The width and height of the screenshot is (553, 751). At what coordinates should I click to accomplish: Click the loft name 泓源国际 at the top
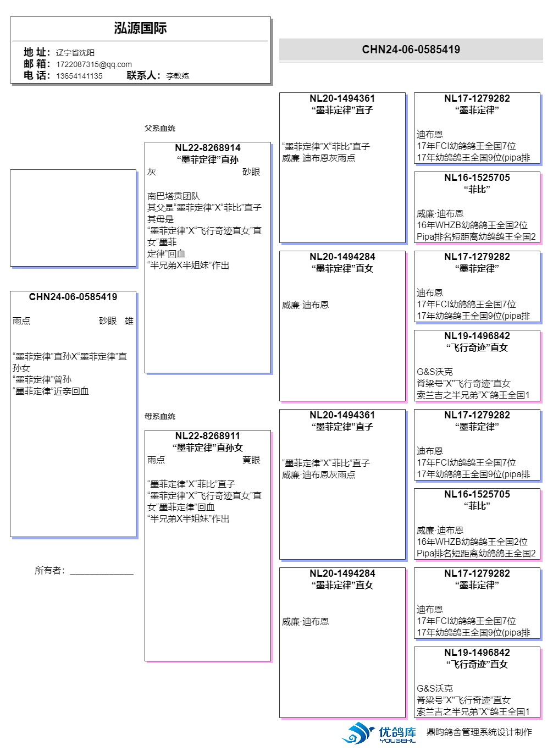(x=140, y=29)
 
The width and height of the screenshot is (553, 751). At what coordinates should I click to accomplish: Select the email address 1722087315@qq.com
(x=93, y=64)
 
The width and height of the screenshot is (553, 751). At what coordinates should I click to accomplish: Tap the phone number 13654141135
(x=79, y=76)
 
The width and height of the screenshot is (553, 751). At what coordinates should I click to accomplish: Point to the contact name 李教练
(x=178, y=76)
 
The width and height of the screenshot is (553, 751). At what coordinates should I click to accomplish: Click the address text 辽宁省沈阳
(x=75, y=53)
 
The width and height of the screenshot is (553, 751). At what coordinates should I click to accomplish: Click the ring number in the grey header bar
(x=411, y=49)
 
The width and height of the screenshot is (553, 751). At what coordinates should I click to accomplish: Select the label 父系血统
(x=160, y=128)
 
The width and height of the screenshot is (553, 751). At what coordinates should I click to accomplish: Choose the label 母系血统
(x=160, y=416)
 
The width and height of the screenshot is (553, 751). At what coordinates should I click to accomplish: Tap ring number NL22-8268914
(x=208, y=148)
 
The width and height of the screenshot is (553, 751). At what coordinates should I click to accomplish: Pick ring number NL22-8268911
(x=208, y=436)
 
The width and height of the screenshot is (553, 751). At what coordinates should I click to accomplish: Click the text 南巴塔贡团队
(x=173, y=196)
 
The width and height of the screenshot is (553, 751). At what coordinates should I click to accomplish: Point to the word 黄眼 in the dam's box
(x=251, y=460)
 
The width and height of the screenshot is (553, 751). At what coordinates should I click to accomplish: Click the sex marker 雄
(x=129, y=321)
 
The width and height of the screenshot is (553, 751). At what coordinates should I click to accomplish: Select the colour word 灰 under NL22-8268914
(x=152, y=172)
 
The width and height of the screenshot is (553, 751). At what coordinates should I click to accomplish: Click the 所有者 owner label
(x=49, y=570)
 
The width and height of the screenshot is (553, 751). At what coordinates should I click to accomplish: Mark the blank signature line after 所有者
(x=102, y=572)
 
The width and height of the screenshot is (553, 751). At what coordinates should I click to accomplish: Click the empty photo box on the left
(x=73, y=218)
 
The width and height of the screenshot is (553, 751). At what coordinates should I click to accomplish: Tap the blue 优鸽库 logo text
(x=397, y=732)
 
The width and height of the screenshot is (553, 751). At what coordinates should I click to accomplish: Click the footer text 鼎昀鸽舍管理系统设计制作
(x=479, y=732)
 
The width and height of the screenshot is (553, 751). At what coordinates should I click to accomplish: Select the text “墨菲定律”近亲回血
(x=51, y=391)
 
